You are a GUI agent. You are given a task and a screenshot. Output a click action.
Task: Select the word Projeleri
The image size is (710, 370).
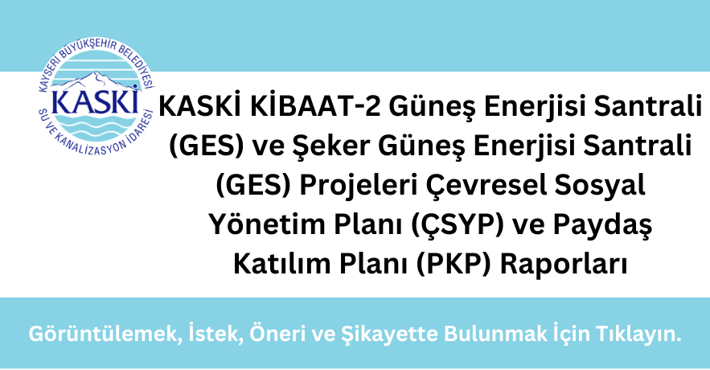coord(352,186)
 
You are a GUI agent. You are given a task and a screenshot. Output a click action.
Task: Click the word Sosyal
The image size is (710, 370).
coord(601,186)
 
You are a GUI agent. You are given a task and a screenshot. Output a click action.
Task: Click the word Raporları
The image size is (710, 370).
coord(564,265)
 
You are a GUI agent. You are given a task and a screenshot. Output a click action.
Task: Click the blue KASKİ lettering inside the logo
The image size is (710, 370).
coord(95,102)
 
